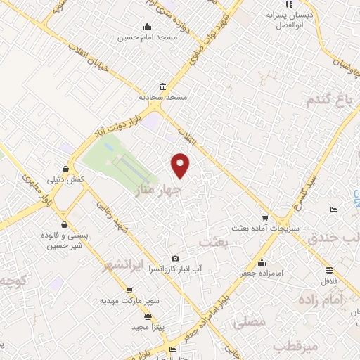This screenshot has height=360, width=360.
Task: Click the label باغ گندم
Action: tap(327, 101)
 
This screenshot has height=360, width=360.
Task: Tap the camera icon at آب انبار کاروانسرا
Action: tap(175, 259)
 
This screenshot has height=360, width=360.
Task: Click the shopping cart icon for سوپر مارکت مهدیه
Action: tap(129, 289)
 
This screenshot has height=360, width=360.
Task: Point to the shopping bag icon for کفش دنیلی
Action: tap(65, 169)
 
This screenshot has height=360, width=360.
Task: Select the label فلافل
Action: tap(328, 281)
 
